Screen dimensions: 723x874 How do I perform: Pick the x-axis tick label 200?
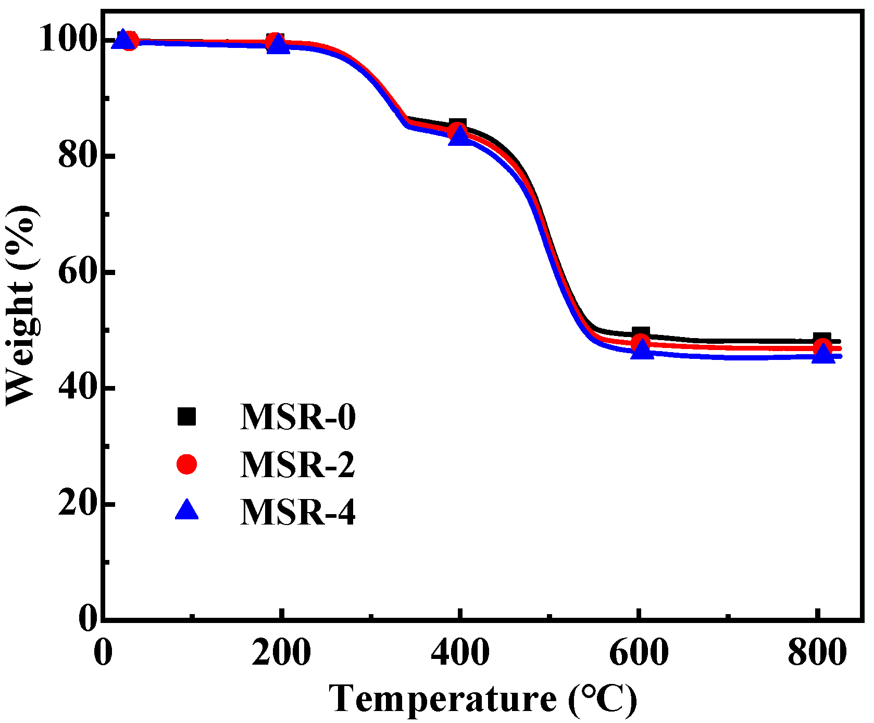281,652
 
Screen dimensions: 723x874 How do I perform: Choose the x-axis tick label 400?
460,652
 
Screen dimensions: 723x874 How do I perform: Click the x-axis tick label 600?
639,652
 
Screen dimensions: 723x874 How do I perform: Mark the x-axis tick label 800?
817,652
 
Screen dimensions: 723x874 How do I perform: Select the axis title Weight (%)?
21,305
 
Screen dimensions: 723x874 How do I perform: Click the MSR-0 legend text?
298,417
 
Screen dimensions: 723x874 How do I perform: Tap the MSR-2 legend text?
298,464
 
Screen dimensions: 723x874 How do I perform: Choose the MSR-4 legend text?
298,512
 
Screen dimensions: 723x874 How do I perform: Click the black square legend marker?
186,417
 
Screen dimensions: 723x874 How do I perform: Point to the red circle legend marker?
186,464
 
